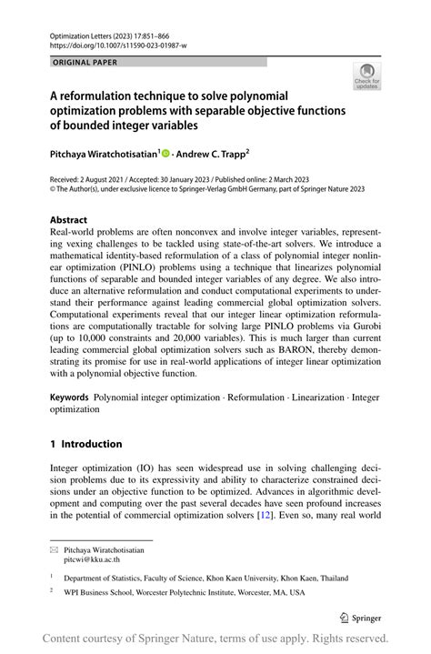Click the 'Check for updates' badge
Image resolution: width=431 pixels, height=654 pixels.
366,75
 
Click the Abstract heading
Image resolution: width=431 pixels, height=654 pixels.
68,219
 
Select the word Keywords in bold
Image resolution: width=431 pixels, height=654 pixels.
69,397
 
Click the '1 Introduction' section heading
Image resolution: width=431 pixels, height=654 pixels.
85,444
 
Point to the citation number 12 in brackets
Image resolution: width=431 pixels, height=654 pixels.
290,514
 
